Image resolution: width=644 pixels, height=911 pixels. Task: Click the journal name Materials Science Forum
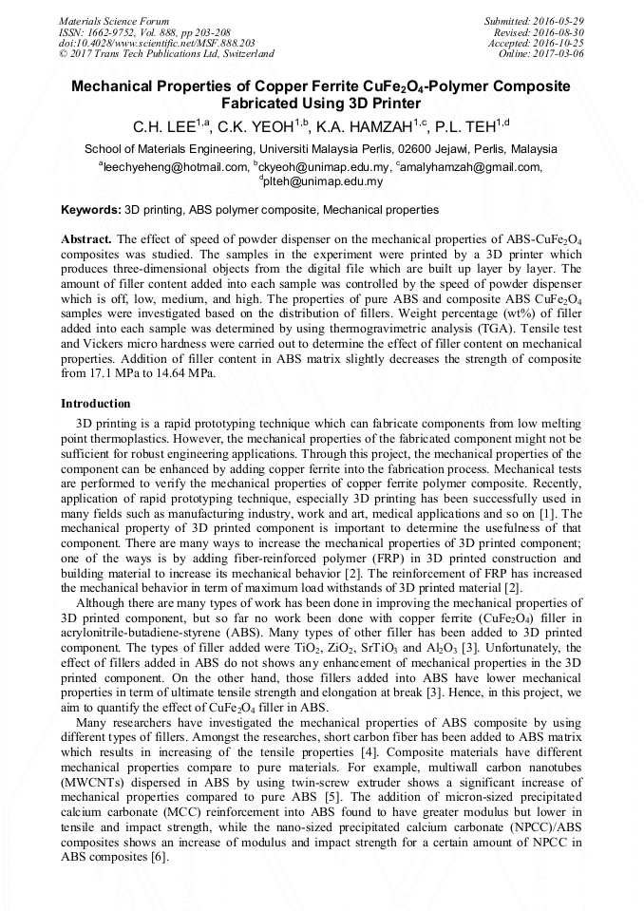(x=114, y=21)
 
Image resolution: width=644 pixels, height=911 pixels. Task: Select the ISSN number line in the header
(x=141, y=32)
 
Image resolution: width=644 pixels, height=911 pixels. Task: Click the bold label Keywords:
(x=91, y=209)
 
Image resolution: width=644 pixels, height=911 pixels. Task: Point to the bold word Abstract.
(x=86, y=239)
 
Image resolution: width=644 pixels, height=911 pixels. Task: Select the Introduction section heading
(x=96, y=404)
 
